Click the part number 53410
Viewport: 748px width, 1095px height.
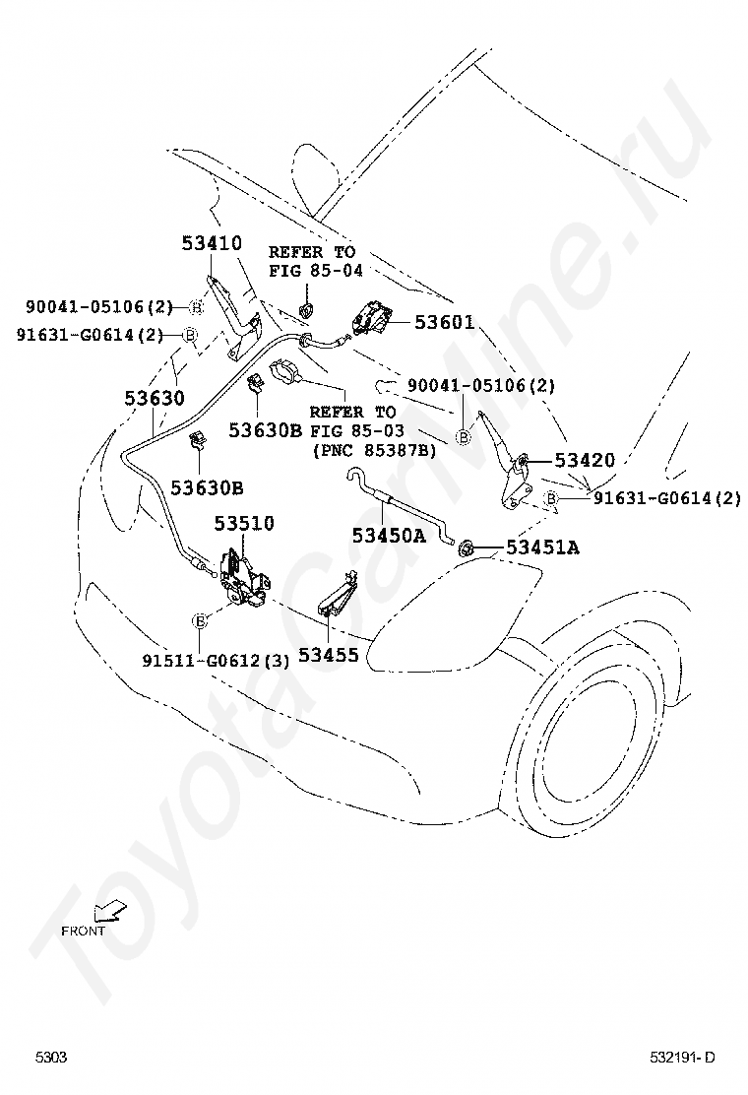[x=211, y=242]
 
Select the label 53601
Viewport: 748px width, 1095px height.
[x=444, y=322]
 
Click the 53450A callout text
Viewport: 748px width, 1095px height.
[x=389, y=536]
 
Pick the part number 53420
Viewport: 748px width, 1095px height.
[x=584, y=460]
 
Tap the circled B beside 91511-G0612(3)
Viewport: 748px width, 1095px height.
[x=200, y=620]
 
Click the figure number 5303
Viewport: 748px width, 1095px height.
[x=52, y=1058]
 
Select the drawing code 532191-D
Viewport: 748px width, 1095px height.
[x=682, y=1058]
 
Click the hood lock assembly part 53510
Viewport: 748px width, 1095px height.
[x=243, y=576]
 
